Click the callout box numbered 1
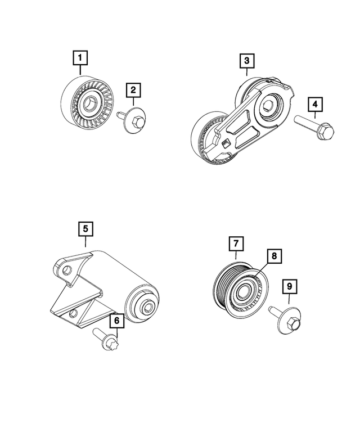coord(80,58)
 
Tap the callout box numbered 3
coord(246,60)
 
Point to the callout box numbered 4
coord(315,105)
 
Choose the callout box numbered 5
coord(85,229)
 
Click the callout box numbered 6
coord(116,321)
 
